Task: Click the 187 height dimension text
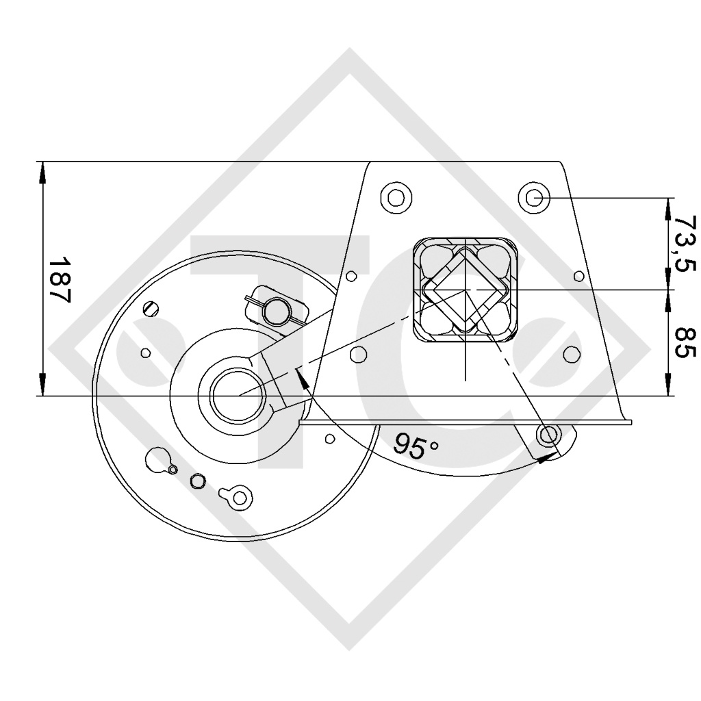[60, 280]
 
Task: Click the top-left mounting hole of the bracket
[396, 198]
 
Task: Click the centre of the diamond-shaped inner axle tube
[464, 290]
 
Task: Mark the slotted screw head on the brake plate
[153, 309]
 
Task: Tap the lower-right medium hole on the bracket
[571, 354]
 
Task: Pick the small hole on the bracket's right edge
[578, 276]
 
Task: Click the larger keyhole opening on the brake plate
[159, 458]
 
